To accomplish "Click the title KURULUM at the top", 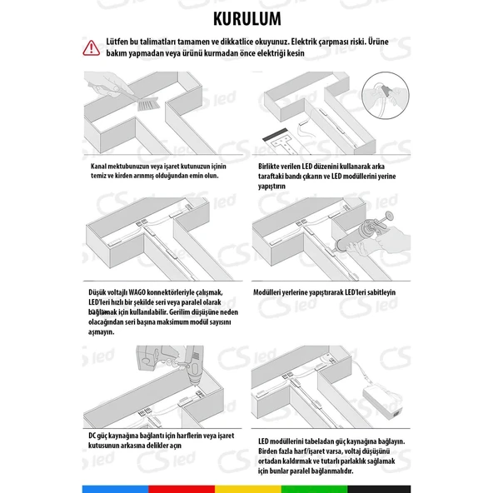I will (246, 17).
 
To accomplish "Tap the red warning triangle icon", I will (90, 47).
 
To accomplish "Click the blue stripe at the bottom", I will (115, 488).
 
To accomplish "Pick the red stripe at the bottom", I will (181, 488).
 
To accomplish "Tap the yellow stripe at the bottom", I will (246, 488).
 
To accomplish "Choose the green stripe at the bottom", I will (312, 488).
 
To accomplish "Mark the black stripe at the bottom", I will (378, 488).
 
